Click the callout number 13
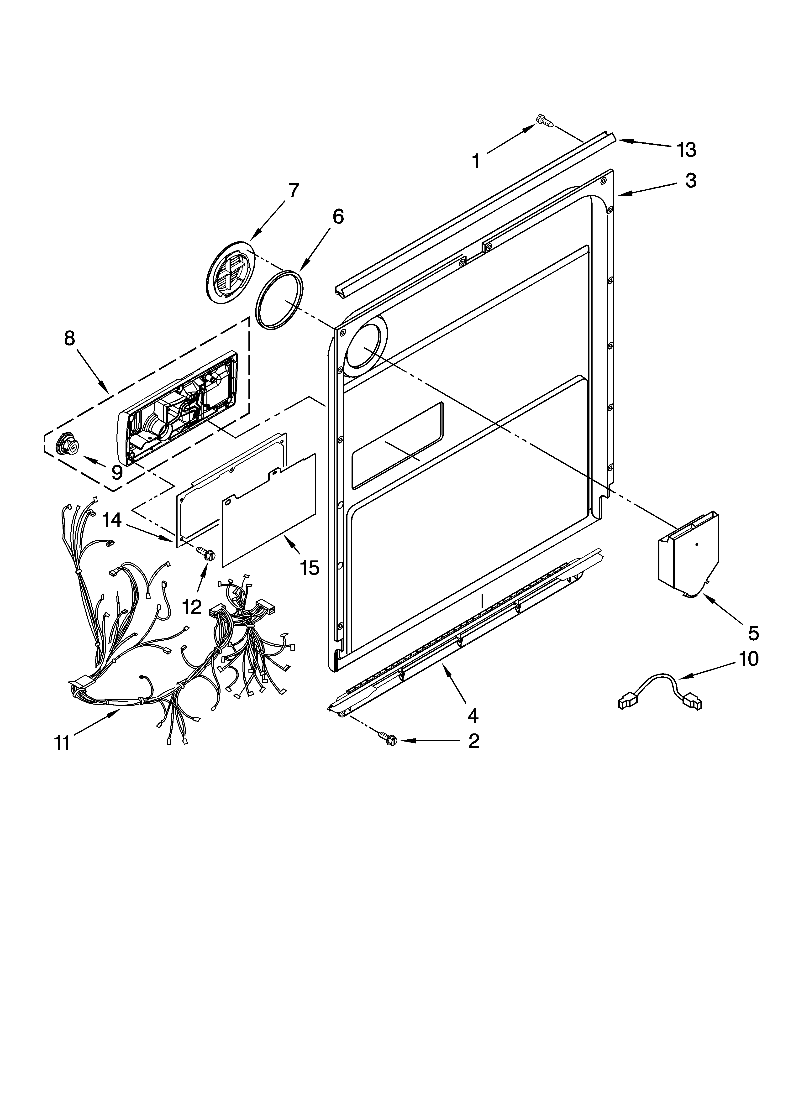pyautogui.click(x=686, y=150)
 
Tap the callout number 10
pyautogui.click(x=748, y=659)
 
